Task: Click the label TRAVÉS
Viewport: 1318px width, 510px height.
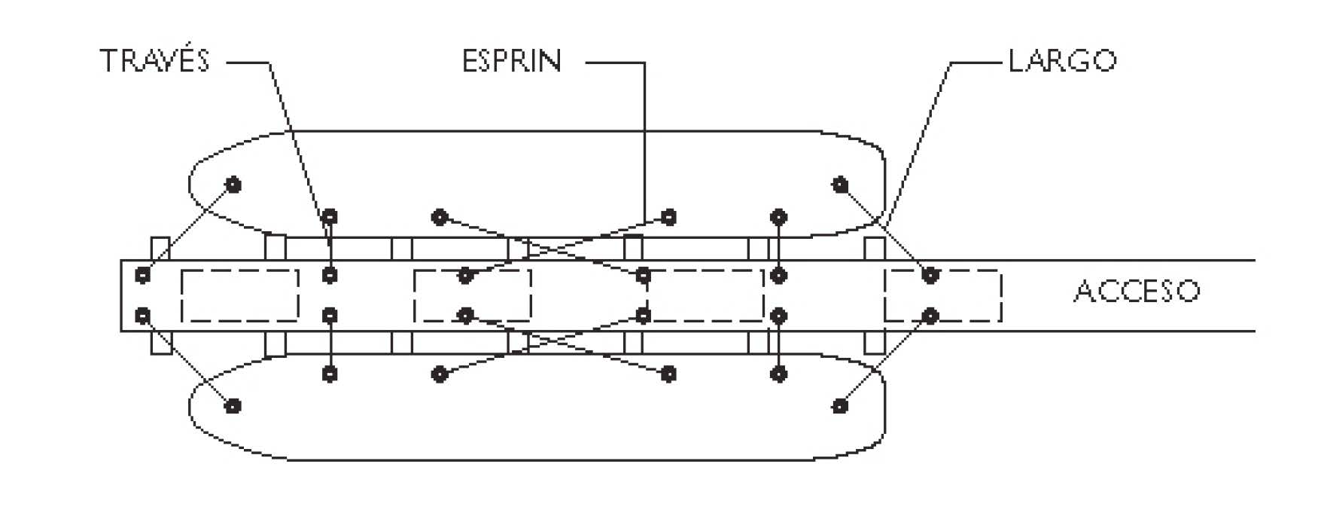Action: pos(154,60)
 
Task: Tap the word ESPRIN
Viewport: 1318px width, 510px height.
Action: pos(512,60)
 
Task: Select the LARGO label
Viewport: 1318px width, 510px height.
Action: pos(1062,60)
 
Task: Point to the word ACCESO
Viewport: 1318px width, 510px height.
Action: pos(1137,291)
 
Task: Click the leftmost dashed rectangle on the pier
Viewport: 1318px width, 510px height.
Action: pos(240,295)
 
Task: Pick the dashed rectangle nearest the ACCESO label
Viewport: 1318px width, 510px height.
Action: pos(942,295)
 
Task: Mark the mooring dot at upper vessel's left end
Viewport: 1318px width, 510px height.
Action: pos(233,185)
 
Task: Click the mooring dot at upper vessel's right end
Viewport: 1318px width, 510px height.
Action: pos(841,184)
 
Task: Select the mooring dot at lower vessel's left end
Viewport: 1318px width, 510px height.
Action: pos(233,406)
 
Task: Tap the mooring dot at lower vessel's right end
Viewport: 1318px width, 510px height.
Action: pos(841,406)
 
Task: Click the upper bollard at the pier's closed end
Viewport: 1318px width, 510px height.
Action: pos(142,275)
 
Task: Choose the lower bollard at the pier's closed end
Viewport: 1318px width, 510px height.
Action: pos(142,315)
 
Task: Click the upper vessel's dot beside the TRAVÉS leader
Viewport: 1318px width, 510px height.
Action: pos(330,217)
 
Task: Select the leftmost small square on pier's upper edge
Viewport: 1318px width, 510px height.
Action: pos(160,249)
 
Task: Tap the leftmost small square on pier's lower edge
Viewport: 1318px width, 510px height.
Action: pos(160,342)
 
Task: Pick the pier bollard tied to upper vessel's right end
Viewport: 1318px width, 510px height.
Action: pos(930,275)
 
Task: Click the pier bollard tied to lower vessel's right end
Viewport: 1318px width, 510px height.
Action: pos(930,315)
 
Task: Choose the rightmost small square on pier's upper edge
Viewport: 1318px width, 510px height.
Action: pos(874,249)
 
